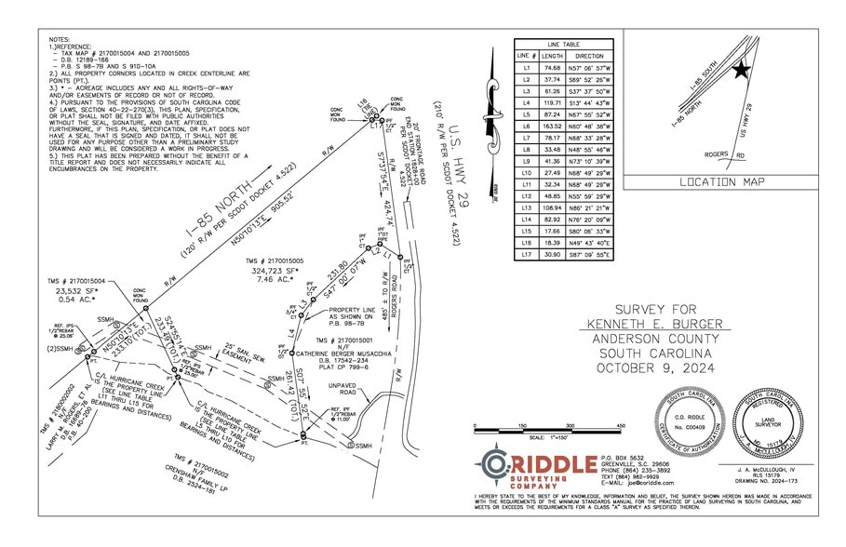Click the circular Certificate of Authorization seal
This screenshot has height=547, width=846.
(687, 419)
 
